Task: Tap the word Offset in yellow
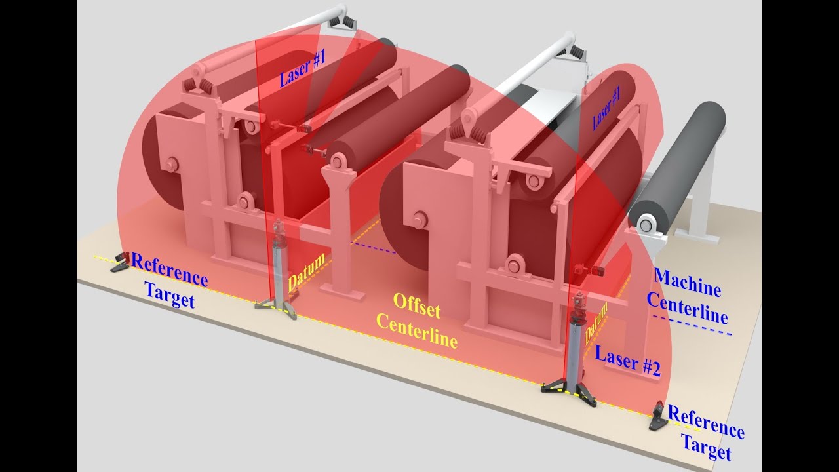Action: click(417, 305)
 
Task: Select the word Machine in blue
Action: click(687, 283)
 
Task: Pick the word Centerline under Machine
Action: click(687, 309)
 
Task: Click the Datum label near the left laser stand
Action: click(306, 273)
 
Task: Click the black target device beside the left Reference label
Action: click(120, 262)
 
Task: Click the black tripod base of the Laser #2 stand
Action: click(568, 391)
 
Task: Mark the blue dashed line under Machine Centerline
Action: click(692, 326)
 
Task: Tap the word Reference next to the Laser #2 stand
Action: click(705, 423)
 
